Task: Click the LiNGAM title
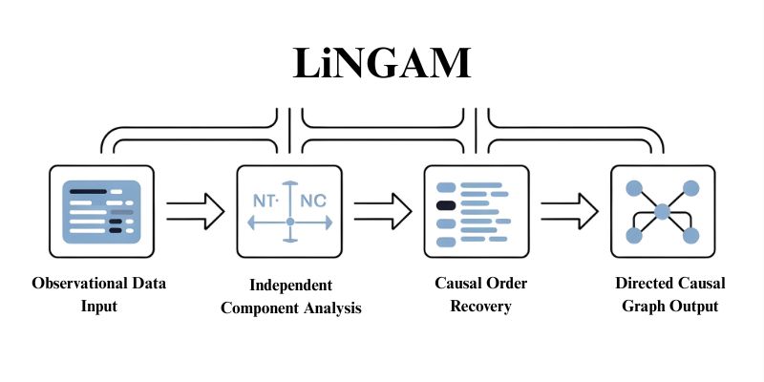(x=381, y=64)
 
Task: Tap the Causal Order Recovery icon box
(x=476, y=211)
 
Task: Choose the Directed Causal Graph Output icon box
(x=662, y=211)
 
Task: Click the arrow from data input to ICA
(x=195, y=211)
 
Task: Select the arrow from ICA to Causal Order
(x=382, y=211)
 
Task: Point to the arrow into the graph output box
(x=569, y=211)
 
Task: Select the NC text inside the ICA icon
(x=312, y=202)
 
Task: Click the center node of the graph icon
(x=662, y=211)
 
